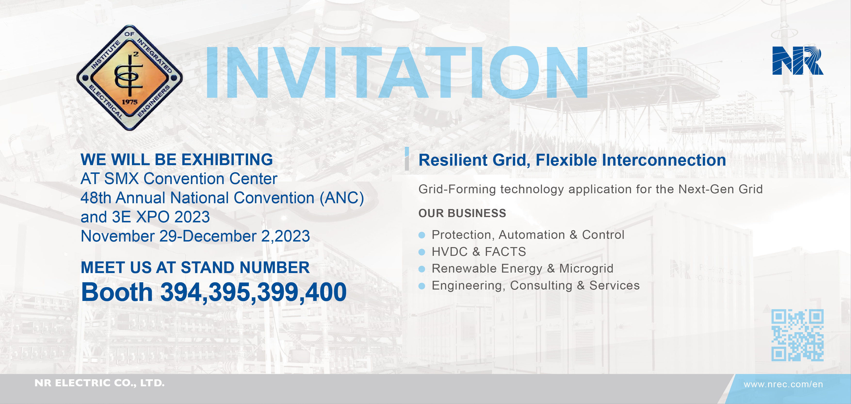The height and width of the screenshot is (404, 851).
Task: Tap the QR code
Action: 797,335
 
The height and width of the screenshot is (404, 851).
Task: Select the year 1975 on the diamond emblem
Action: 130,102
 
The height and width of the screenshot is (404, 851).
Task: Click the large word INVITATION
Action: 397,73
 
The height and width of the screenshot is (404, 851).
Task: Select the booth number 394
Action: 181,292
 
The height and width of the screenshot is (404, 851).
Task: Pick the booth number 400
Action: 326,292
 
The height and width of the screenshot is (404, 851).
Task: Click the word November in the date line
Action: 118,236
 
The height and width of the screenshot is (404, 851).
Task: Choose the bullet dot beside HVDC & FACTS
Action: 421,252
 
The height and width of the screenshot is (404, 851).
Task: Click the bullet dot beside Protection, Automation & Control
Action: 421,235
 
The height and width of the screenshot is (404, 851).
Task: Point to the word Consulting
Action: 541,286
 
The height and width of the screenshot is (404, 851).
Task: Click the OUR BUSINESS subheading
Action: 462,213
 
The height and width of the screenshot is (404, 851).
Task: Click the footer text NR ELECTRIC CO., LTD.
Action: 99,383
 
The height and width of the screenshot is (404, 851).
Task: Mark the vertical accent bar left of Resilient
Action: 407,159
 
